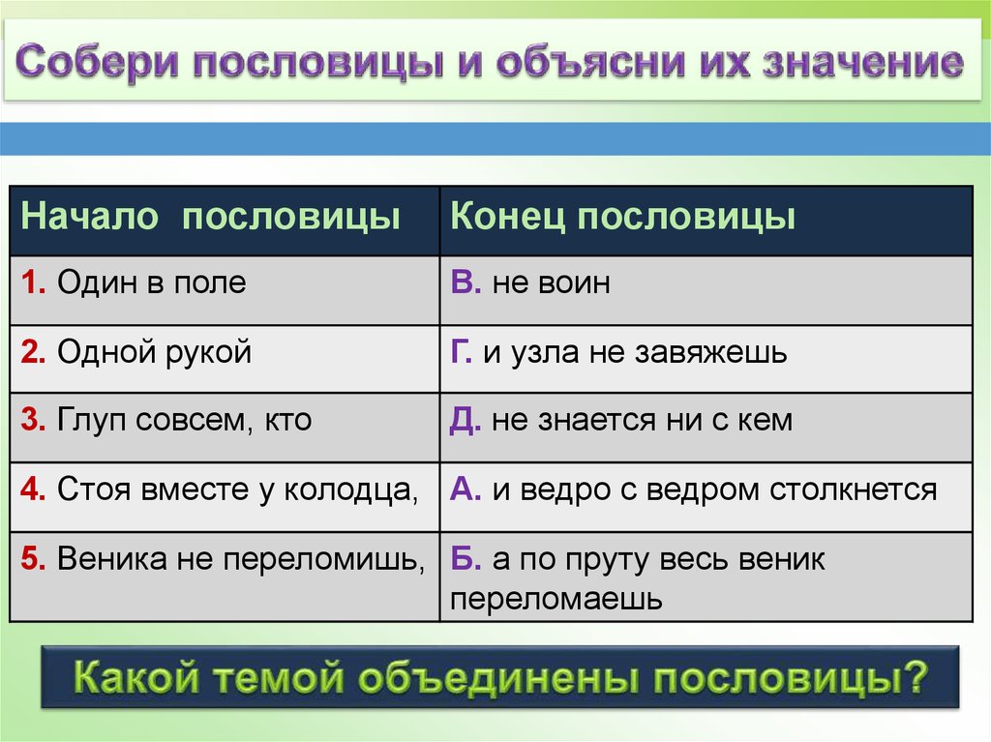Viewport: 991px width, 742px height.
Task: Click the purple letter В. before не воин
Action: (x=465, y=282)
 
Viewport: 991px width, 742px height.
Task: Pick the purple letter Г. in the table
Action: (x=462, y=351)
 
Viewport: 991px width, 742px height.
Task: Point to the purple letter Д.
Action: (x=465, y=421)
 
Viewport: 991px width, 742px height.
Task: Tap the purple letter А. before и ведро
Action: (x=465, y=490)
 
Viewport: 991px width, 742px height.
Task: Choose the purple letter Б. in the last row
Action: (x=465, y=559)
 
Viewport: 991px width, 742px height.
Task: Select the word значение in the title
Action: (x=863, y=62)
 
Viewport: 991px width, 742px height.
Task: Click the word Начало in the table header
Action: (x=89, y=216)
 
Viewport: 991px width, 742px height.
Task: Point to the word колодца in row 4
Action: (x=350, y=490)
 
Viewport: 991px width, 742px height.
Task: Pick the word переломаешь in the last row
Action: (x=556, y=599)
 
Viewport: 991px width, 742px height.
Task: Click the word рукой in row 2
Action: (x=208, y=353)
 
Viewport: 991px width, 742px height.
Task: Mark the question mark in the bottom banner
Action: (x=912, y=676)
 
